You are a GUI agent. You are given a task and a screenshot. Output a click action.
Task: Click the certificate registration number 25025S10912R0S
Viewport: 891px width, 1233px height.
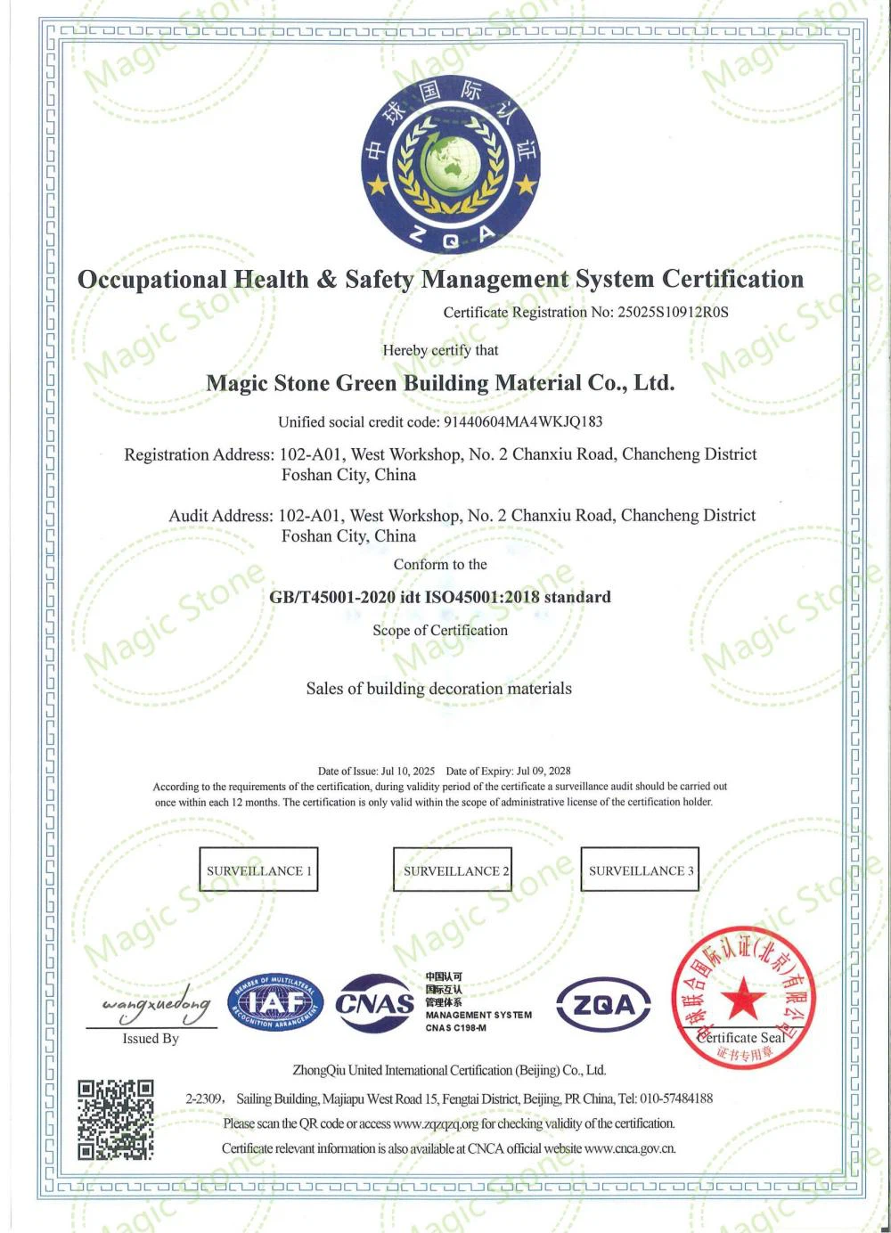click(x=673, y=313)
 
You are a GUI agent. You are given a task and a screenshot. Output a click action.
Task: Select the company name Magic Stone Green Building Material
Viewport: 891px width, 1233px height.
click(x=440, y=383)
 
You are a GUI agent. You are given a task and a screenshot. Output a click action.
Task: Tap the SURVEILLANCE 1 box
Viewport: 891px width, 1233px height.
click(x=258, y=870)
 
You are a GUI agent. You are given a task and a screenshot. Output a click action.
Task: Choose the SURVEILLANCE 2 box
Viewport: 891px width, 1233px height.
click(x=453, y=870)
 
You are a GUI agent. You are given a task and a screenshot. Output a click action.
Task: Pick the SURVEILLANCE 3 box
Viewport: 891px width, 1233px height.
click(x=640, y=870)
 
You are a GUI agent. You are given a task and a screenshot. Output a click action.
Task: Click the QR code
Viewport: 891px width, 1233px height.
click(x=115, y=1119)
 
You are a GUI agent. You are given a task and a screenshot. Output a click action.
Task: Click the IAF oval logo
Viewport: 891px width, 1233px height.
click(x=276, y=1004)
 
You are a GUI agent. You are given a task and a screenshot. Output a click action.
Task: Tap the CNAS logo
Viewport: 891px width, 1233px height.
click(x=375, y=1004)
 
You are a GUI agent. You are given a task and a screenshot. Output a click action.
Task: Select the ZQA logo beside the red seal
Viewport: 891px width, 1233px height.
click(x=603, y=1005)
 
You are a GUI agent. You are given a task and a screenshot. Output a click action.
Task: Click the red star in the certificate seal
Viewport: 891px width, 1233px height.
click(x=741, y=998)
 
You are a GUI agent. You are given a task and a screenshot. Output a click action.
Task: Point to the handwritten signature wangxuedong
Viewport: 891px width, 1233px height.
click(x=156, y=1004)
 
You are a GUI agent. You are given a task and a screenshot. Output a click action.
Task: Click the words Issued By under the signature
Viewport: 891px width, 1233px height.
click(x=151, y=1039)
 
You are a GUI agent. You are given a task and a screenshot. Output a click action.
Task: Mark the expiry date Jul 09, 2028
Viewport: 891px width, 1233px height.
click(x=544, y=771)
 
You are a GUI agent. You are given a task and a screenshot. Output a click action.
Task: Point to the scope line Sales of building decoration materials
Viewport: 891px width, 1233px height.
click(x=439, y=689)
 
